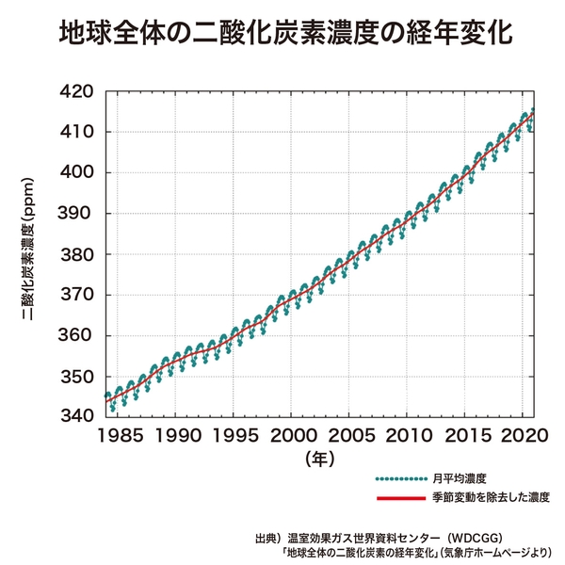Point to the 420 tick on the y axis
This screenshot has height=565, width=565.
[x=77, y=91]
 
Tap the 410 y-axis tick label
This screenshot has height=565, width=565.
[x=77, y=132]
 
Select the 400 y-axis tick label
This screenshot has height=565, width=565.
[x=77, y=173]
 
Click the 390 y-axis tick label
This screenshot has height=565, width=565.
[x=77, y=214]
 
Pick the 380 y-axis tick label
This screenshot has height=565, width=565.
[x=77, y=254]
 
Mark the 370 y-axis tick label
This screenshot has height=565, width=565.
[x=77, y=295]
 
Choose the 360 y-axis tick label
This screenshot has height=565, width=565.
[x=77, y=336]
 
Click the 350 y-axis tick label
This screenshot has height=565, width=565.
[x=77, y=377]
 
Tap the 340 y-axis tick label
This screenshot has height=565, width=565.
[x=77, y=416]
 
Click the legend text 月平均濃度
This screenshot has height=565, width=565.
[x=460, y=478]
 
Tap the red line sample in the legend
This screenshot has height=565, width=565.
[x=402, y=496]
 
